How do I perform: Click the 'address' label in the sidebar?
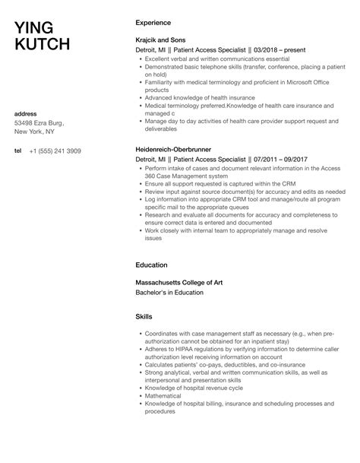click(x=27, y=114)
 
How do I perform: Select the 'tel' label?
click(x=18, y=151)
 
